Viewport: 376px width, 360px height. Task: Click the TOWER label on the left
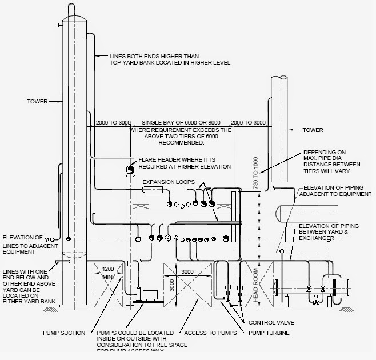36,102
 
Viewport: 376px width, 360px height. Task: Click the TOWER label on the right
313,130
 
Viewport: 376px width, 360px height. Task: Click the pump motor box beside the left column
151,295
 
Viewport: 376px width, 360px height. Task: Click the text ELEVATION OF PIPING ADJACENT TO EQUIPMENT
337,191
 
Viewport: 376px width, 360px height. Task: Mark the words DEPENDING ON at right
325,152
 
